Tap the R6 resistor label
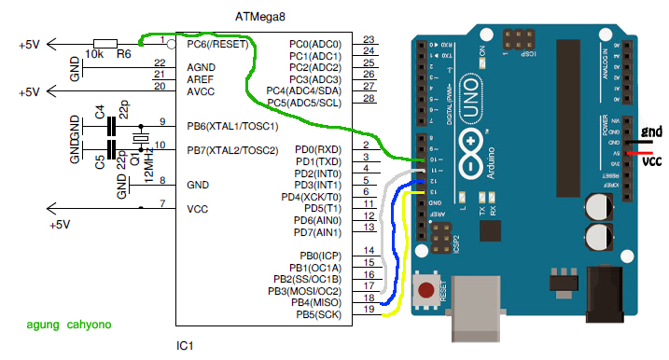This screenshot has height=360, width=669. coord(123,55)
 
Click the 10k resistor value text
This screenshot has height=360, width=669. coord(94,55)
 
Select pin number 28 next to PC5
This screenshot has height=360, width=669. coord(369,98)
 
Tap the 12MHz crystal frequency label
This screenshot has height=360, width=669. coord(149,172)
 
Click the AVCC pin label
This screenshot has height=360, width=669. coord(202,90)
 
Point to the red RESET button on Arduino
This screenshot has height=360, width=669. coord(428,288)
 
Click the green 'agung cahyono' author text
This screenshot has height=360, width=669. coord(68,325)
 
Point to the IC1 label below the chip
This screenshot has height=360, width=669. coord(185,347)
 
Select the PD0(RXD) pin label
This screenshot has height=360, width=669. coord(318,149)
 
